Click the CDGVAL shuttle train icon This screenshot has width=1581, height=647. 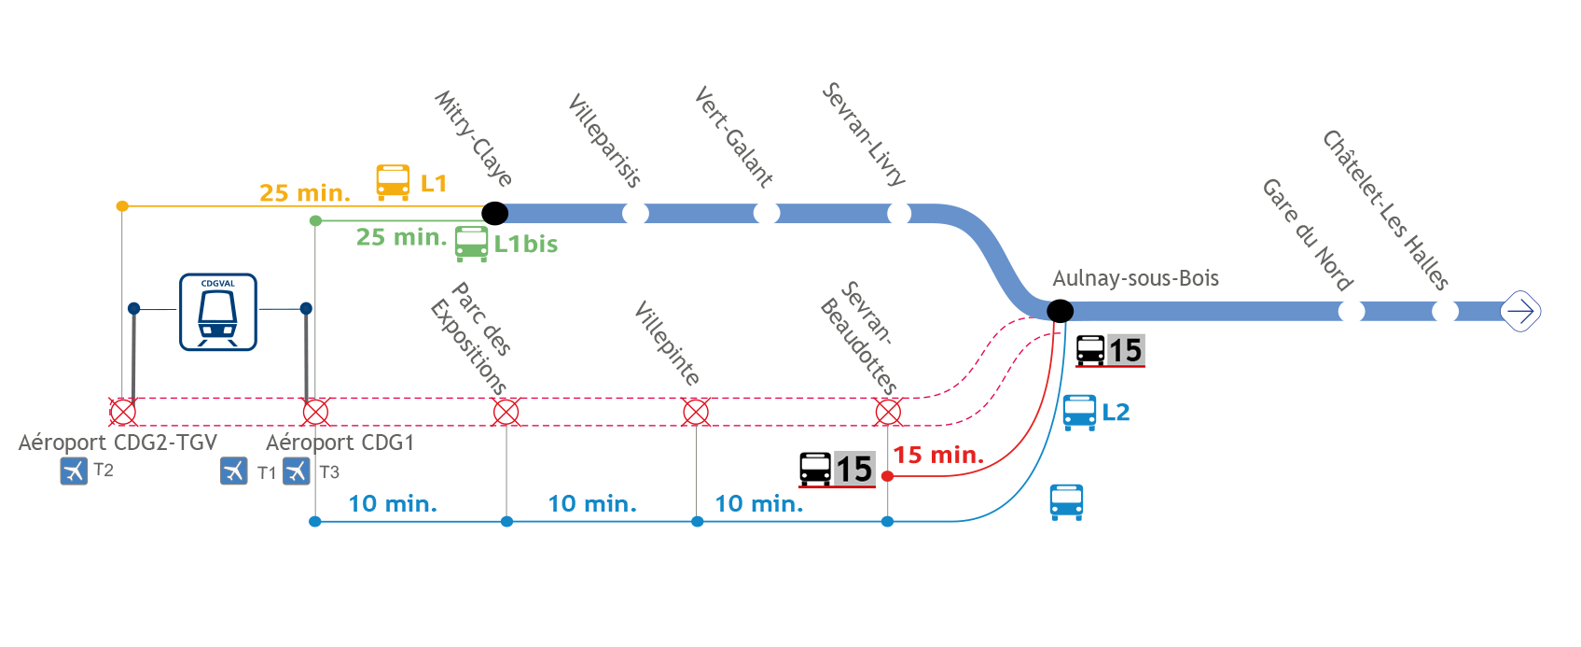(218, 312)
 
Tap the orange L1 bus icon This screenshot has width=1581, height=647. (393, 182)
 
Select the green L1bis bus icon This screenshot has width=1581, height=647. (471, 244)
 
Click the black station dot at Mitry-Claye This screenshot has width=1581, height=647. (494, 213)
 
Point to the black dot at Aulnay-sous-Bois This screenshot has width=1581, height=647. (1060, 311)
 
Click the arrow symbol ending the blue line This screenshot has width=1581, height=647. (1520, 312)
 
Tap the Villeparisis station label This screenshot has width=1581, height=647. (604, 141)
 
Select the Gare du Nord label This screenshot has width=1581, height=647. (1307, 234)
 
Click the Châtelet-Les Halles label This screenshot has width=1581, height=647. (1385, 210)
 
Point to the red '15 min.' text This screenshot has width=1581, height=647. (938, 455)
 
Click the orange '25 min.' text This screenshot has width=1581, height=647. (305, 193)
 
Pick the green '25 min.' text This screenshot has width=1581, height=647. (402, 237)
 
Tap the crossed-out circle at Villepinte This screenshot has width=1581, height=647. (696, 412)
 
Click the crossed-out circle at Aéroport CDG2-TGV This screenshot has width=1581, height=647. (123, 412)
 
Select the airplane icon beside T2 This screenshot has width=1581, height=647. (74, 471)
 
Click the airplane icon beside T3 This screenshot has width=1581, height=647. (297, 471)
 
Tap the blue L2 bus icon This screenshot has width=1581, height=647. (1080, 413)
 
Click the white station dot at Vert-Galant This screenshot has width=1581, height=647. (767, 213)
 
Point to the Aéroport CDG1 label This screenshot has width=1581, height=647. (340, 443)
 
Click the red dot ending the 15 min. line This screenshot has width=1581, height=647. (888, 477)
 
